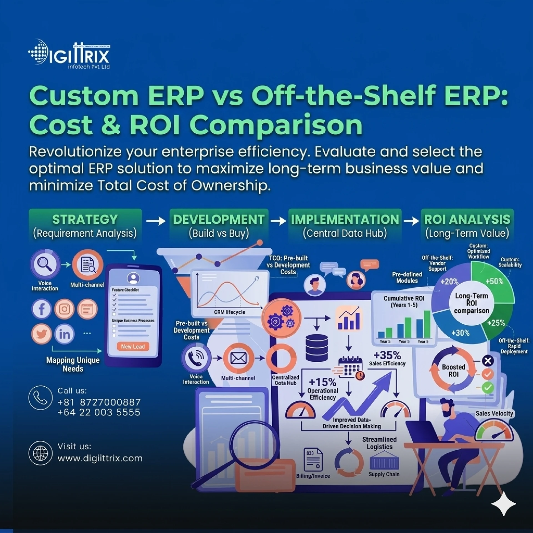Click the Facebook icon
coord(42,309)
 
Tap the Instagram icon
coord(64,309)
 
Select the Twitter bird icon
coord(42,333)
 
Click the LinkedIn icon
coord(64,334)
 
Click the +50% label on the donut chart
coord(494,281)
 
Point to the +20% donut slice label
coord(449,281)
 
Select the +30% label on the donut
coord(460,333)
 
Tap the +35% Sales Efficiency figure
coord(387,355)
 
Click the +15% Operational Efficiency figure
coord(322,382)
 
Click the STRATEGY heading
coord(85,219)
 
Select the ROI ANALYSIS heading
coord(467,219)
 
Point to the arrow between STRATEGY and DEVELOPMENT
coord(156,221)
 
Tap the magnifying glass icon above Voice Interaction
coord(45,264)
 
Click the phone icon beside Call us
coord(41,398)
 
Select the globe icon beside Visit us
coord(41,453)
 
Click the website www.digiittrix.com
coord(100,458)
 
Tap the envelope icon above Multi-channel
coord(238,358)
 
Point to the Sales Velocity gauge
coord(494,431)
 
